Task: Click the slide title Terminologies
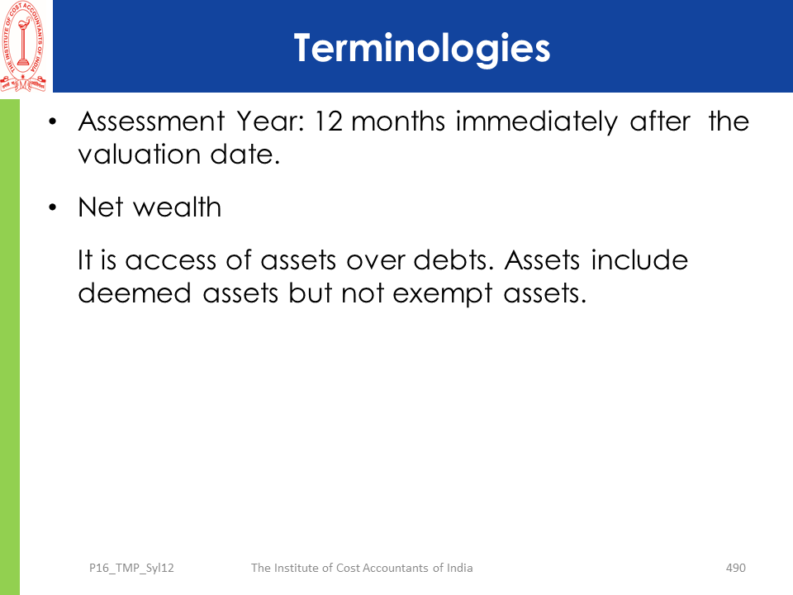click(x=422, y=49)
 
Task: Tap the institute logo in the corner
click(x=23, y=46)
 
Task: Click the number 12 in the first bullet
click(x=330, y=122)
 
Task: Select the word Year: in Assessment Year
click(x=271, y=122)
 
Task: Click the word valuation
click(x=139, y=155)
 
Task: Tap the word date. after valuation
click(x=245, y=155)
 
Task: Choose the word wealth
click(x=177, y=207)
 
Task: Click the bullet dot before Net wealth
click(x=53, y=207)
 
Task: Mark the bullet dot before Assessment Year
click(x=53, y=121)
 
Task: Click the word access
click(x=170, y=261)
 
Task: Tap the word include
click(x=639, y=260)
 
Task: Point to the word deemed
click(x=135, y=293)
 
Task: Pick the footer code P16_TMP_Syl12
click(x=131, y=569)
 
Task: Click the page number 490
click(x=736, y=569)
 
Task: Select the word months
click(x=398, y=122)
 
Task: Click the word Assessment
click(x=151, y=122)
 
